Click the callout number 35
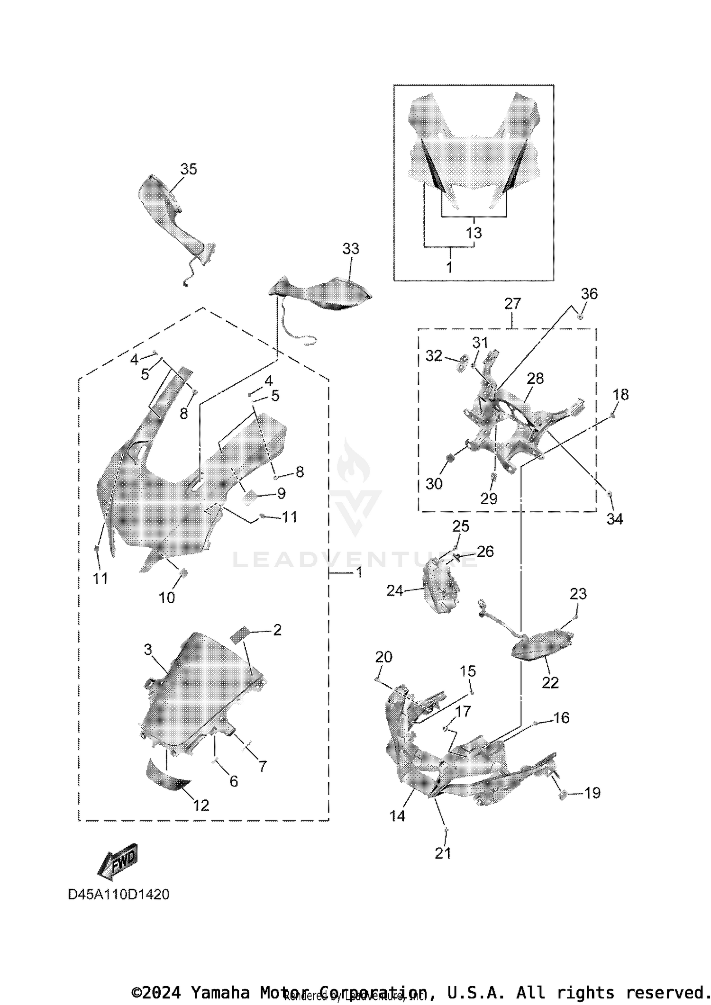click(188, 169)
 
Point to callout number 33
click(351, 249)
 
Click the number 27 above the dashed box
click(512, 303)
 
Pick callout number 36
click(589, 294)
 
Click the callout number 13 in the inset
click(474, 233)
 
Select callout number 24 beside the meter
click(394, 590)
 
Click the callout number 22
click(550, 682)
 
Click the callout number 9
click(281, 493)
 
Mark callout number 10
click(166, 598)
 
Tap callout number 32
click(434, 355)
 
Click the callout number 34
click(614, 519)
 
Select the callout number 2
click(277, 630)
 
